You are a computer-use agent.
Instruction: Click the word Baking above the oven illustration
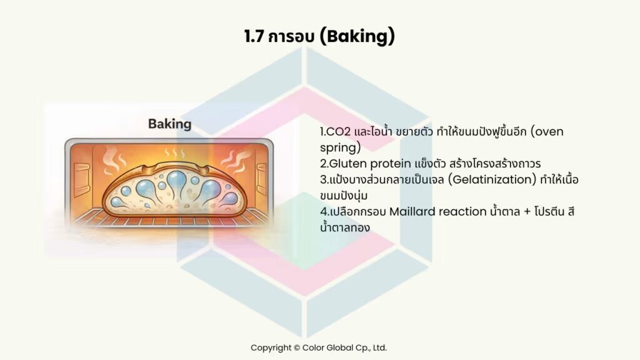169,124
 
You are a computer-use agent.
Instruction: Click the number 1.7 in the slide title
255,36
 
